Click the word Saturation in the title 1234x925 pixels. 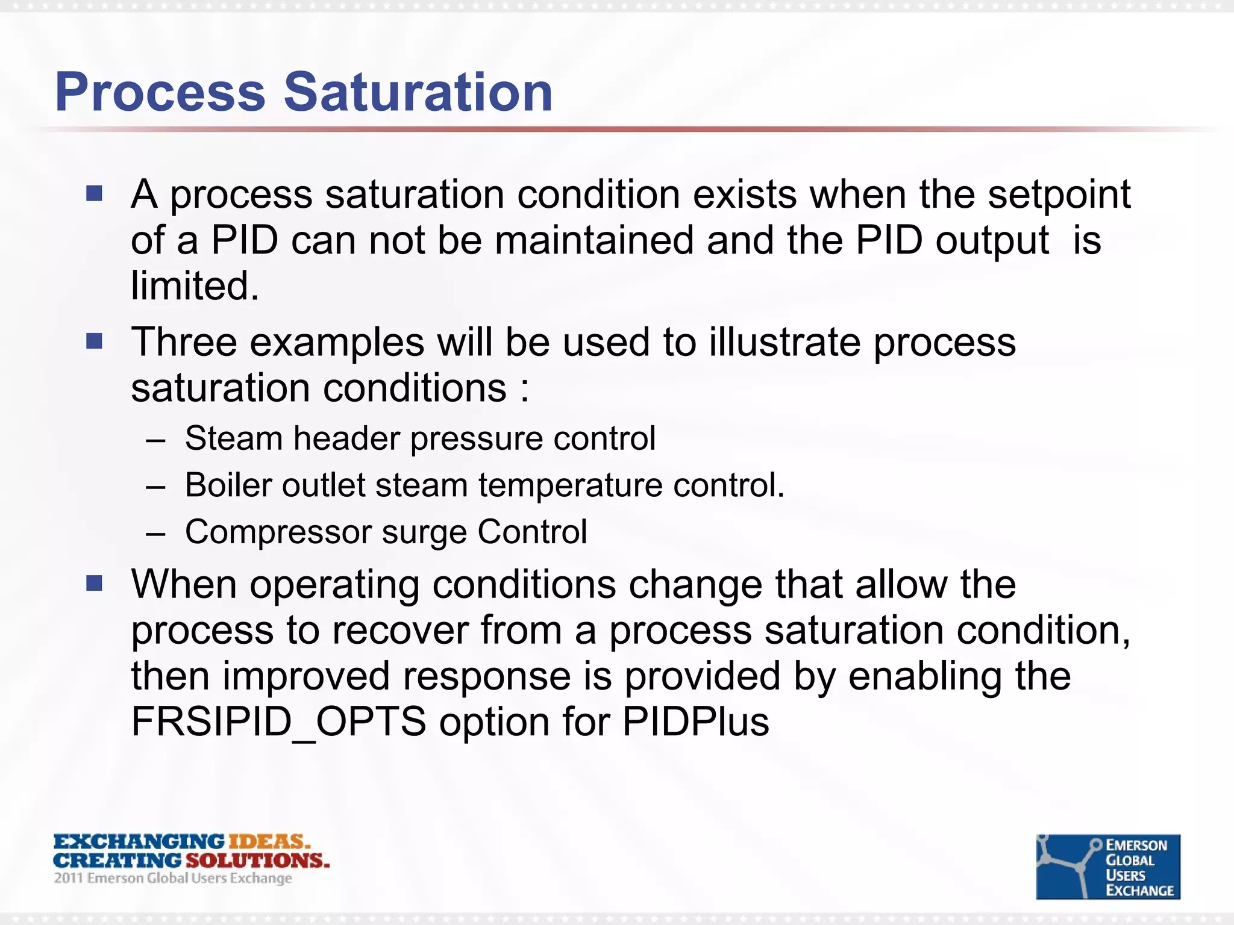pyautogui.click(x=418, y=92)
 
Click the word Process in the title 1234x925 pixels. pyautogui.click(x=160, y=92)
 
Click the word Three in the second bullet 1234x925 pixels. pyautogui.click(x=184, y=342)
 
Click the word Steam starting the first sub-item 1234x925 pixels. pyautogui.click(x=233, y=438)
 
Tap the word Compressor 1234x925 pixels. pyautogui.click(x=278, y=532)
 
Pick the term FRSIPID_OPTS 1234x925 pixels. pyautogui.click(x=279, y=721)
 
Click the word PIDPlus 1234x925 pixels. pyautogui.click(x=695, y=721)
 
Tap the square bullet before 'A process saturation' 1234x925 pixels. pyautogui.click(x=95, y=193)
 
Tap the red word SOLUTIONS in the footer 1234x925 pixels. pyautogui.click(x=257, y=860)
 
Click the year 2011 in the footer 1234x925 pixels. pyautogui.click(x=68, y=878)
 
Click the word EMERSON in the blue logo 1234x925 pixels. pyautogui.click(x=1136, y=846)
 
